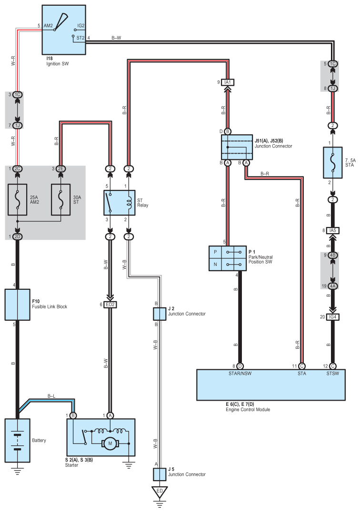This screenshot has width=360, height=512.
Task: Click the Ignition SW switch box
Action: point(64,30)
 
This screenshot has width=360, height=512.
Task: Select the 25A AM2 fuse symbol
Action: point(17,200)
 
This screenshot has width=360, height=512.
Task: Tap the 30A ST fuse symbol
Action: point(61,200)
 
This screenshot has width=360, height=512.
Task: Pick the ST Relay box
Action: point(119,203)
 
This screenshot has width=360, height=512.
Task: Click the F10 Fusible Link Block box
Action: point(17,305)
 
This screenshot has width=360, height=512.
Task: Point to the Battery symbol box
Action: point(17,441)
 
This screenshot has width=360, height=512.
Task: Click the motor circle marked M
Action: point(110,443)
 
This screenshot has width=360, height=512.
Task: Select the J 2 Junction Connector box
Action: point(160,314)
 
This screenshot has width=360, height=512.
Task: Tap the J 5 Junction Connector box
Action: point(160,474)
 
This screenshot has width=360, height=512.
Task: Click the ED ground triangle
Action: point(160,492)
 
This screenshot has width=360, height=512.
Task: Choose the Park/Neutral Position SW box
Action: point(227,258)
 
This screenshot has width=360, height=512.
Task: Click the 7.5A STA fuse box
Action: point(332,163)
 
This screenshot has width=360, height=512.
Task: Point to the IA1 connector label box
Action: point(227,82)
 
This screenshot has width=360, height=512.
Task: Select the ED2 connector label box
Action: point(110,305)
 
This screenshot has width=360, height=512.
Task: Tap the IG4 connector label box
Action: point(332,317)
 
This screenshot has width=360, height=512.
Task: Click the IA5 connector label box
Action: point(332,230)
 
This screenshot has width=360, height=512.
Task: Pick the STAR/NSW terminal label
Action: point(240,374)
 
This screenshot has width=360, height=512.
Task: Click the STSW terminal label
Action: point(332,374)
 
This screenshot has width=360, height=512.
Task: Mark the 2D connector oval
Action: point(17,237)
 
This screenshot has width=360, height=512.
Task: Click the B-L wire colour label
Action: point(51,396)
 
